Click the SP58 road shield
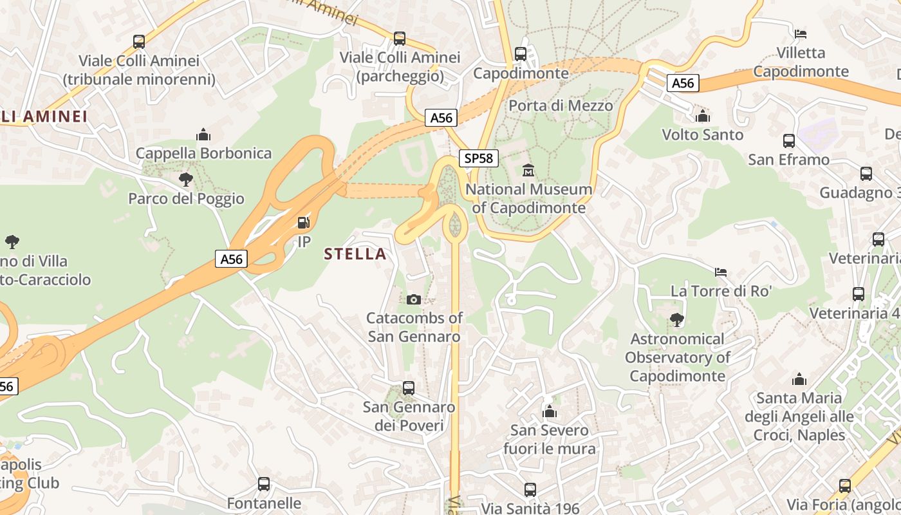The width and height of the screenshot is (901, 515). tap(479, 158)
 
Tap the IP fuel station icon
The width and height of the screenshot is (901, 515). tap(303, 223)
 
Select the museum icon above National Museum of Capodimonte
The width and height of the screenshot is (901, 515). tap(528, 171)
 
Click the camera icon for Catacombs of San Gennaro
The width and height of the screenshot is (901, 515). tap(414, 299)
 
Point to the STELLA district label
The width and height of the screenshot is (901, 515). tap(355, 254)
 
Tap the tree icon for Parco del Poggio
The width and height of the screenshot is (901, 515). tap(186, 180)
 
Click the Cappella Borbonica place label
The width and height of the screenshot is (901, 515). tap(203, 153)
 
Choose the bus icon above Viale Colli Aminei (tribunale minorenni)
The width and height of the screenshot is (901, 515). tap(139, 42)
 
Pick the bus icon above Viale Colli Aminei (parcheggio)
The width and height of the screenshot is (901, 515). tap(400, 39)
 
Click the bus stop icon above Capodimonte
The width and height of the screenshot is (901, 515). tap(521, 54)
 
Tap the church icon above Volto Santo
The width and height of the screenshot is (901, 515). tap(703, 116)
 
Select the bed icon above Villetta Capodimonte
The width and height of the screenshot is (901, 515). tap(801, 33)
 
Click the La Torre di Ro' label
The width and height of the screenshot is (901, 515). tap(721, 291)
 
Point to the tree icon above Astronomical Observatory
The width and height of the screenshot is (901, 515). tap(676, 319)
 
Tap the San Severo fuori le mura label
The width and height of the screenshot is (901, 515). tap(550, 439)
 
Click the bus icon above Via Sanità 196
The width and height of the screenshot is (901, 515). tap(530, 490)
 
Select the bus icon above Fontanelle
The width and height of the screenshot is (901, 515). tap(264, 484)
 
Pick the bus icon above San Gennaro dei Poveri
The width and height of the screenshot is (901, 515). tap(409, 388)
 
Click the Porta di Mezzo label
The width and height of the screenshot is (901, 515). tap(561, 105)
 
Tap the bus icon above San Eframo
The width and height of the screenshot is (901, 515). tap(789, 141)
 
